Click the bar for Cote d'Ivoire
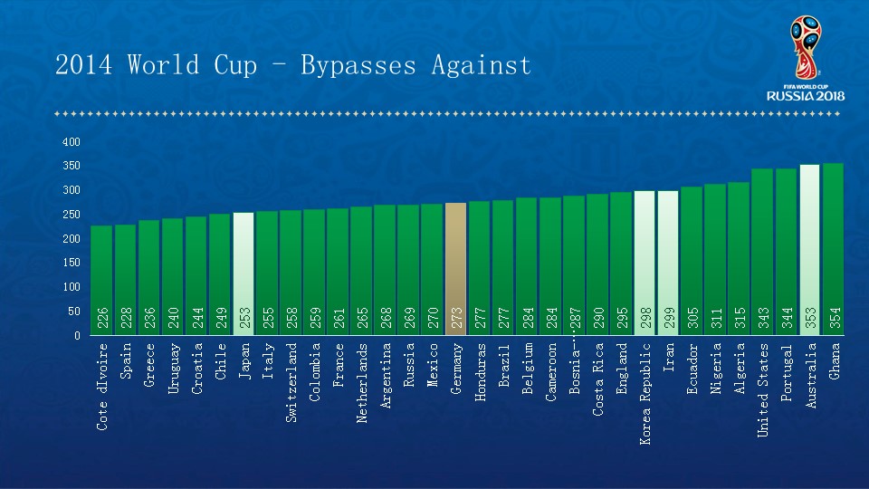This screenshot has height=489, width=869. point(102,281)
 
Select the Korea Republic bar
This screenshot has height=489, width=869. point(645,263)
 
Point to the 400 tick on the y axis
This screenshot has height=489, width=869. point(72,142)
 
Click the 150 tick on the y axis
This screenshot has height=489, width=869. point(72,263)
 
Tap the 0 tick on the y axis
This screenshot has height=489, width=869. point(77,335)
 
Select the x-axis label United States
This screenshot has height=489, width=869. point(762,389)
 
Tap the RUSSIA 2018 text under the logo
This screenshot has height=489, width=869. point(805,95)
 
